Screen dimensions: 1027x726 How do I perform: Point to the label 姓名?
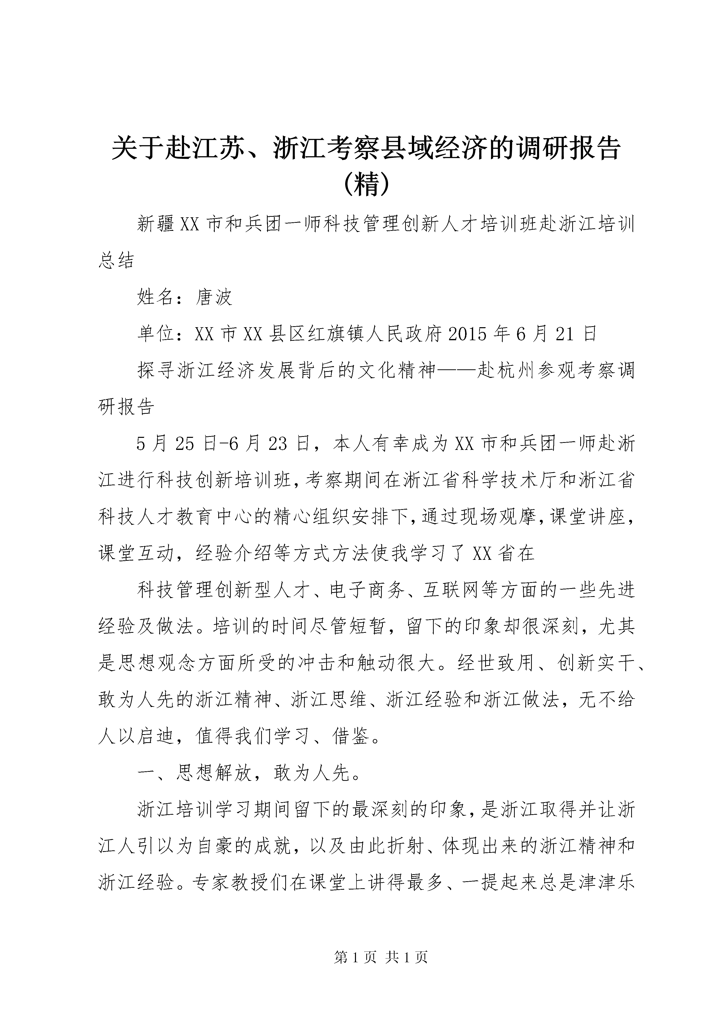[156, 297]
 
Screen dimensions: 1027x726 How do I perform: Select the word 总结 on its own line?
[116, 260]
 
